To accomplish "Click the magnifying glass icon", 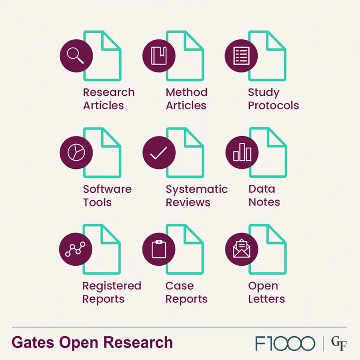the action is point(75,56).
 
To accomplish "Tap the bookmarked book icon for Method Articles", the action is point(159,56).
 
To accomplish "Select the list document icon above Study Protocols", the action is point(241,56).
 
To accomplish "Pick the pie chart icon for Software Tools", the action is point(76,152).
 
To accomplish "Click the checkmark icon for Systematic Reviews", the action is point(159,153).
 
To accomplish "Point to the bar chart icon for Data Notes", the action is point(242,152).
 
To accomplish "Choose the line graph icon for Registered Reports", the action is point(75,249).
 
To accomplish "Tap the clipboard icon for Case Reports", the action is point(159,249).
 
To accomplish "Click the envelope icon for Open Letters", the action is point(241,248).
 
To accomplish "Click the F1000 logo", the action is point(285,344).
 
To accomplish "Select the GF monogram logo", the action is point(339,344).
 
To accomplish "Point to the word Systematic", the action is point(197,190).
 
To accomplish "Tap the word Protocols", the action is point(274,105).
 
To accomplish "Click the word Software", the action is point(107,189).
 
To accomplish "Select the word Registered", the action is point(112,286).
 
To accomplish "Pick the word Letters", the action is point(266,299).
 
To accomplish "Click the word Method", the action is point(187,92).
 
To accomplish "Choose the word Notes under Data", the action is point(265,202).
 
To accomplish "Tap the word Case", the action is point(179,286).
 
